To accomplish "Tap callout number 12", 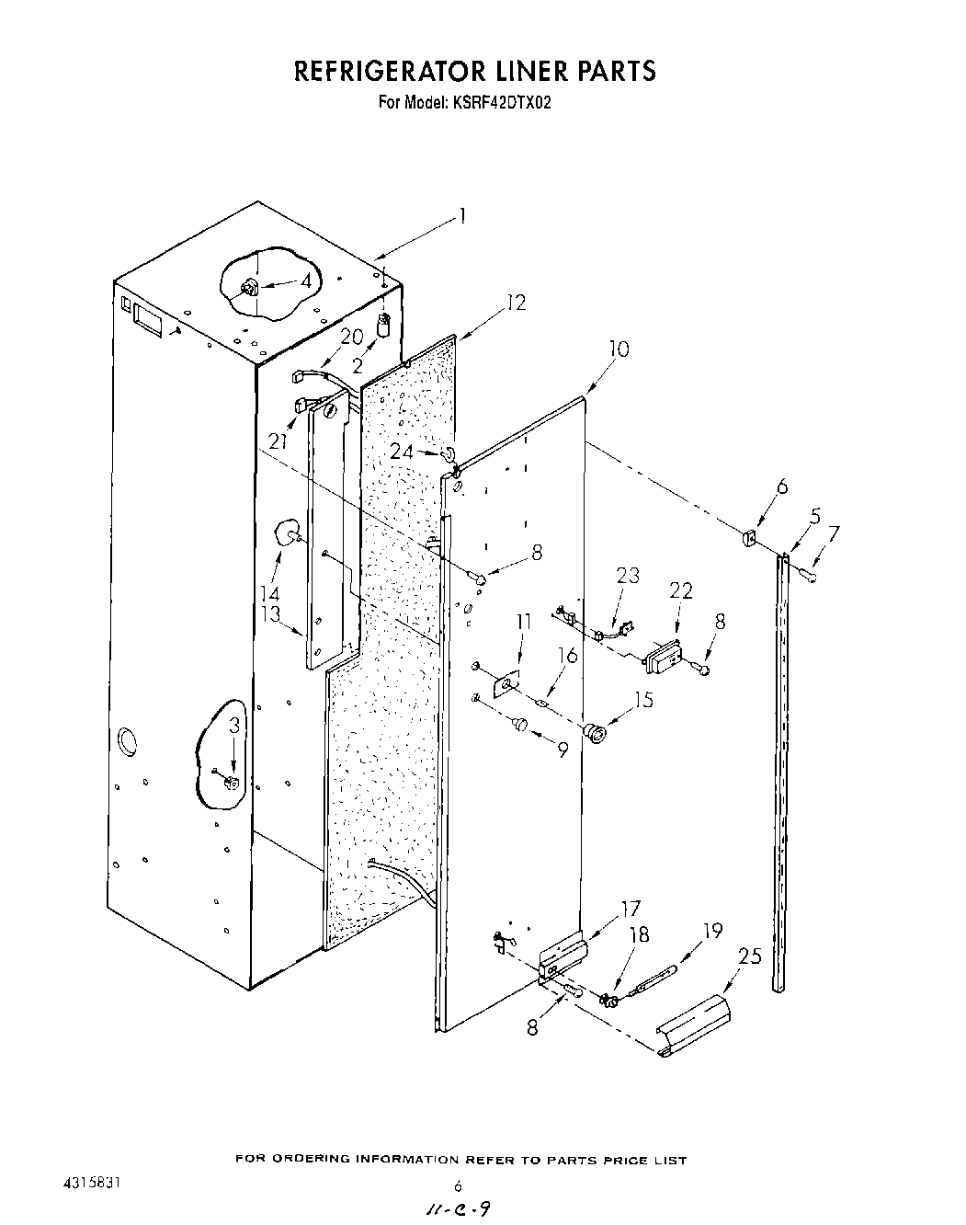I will pyautogui.click(x=517, y=302).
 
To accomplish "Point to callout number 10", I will pyautogui.click(x=619, y=350).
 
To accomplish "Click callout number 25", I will pyautogui.click(x=750, y=957).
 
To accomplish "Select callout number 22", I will pyautogui.click(x=681, y=591).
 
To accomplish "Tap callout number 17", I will pyautogui.click(x=631, y=910).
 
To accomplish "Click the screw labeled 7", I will pyautogui.click(x=810, y=576).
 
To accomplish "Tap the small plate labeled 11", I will pyautogui.click(x=506, y=683).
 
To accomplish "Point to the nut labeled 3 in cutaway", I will pyautogui.click(x=232, y=783).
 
